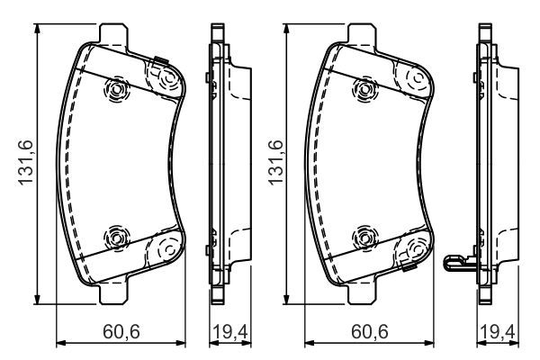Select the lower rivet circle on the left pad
coord(116,238)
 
